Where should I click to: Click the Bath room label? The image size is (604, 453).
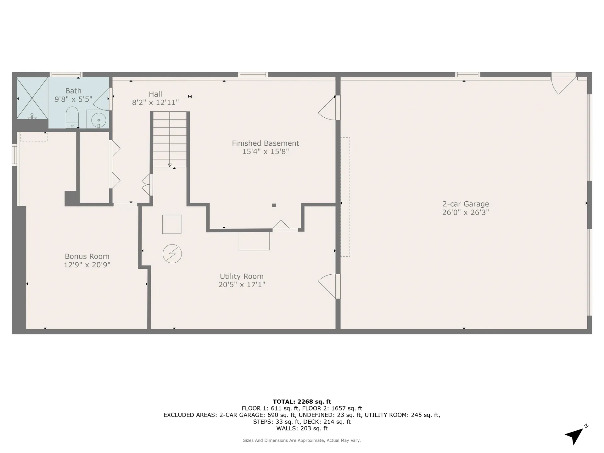tap(73, 91)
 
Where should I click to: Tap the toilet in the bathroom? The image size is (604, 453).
tap(72, 117)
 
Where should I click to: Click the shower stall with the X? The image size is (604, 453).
tap(32, 98)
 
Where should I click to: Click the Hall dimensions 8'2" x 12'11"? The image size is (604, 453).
tap(155, 102)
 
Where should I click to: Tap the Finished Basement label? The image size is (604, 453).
tap(266, 143)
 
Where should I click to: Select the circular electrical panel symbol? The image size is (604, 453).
tap(172, 254)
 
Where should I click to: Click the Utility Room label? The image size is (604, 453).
tap(242, 276)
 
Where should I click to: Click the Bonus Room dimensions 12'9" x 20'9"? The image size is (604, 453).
tap(87, 265)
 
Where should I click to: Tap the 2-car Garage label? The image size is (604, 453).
tap(466, 204)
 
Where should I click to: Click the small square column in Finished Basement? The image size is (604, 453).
tap(274, 205)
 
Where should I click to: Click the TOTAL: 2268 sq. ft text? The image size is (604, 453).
tap(302, 401)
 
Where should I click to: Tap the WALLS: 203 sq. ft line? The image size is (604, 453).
tap(302, 428)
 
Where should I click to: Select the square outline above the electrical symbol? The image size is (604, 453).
tap(172, 224)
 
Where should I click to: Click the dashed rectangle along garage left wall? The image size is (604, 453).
tap(345, 197)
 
